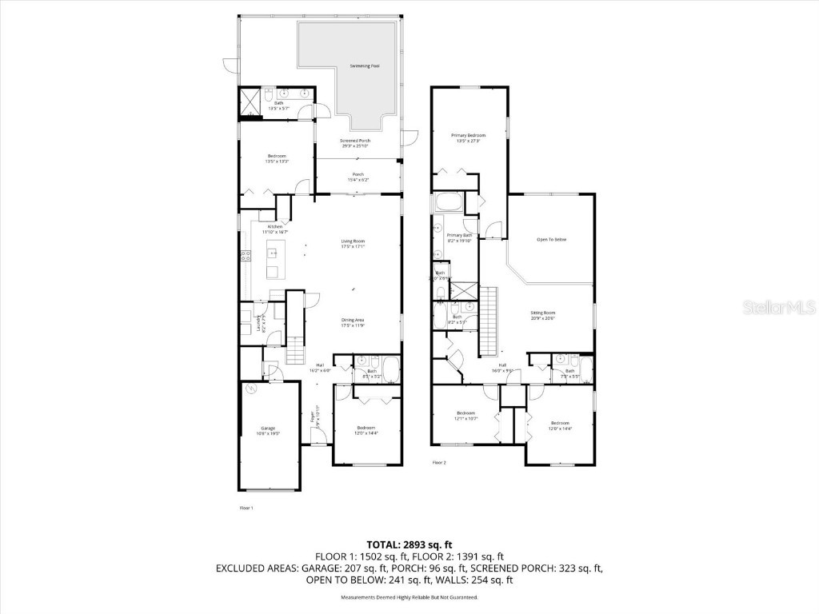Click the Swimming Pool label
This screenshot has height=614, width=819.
(364, 66)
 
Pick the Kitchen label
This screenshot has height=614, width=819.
(275, 229)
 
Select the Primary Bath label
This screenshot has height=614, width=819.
(459, 237)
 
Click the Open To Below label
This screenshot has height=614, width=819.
(551, 240)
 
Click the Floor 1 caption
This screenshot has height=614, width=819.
(246, 508)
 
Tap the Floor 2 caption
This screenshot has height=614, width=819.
(439, 462)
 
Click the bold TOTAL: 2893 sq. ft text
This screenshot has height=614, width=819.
(409, 544)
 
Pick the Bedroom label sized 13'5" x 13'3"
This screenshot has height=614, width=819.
(276, 158)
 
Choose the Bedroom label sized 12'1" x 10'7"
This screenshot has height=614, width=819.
(465, 416)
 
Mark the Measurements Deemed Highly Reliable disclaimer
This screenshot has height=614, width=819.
(409, 597)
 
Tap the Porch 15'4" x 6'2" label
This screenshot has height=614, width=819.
(358, 177)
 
